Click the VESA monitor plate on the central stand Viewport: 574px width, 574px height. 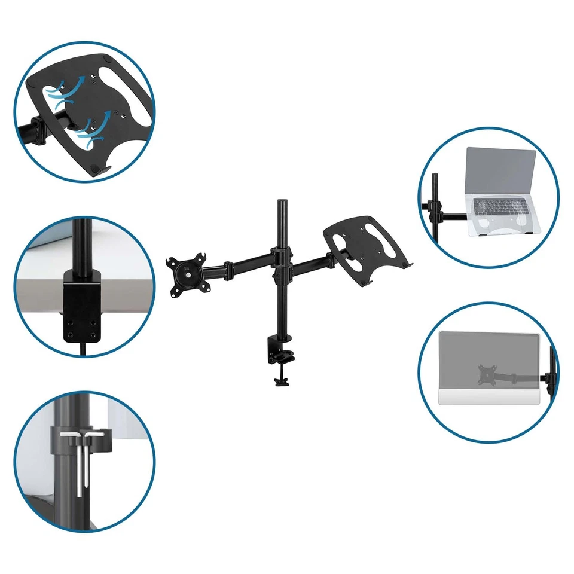coord(188,276)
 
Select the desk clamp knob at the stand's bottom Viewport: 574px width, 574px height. coord(279,380)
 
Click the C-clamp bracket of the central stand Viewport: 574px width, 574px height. coord(276,353)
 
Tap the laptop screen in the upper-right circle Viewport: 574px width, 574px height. coord(501,171)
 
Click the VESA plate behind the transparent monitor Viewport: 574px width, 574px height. coord(486,374)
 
